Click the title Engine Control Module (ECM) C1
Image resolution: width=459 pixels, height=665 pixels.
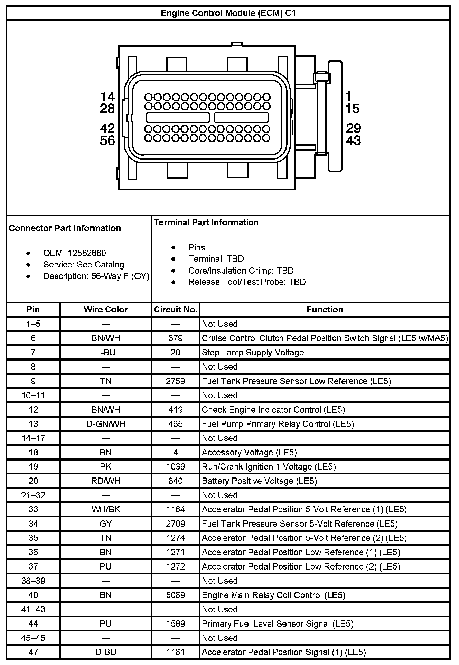[228, 13]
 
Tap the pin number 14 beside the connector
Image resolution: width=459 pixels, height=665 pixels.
[107, 97]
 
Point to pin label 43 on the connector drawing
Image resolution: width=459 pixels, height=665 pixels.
[353, 140]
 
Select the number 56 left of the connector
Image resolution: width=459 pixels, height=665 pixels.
[107, 140]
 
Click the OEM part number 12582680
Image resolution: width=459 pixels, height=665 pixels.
[87, 253]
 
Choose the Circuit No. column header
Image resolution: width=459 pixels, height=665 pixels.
[176, 309]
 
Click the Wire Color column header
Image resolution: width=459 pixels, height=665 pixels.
[106, 309]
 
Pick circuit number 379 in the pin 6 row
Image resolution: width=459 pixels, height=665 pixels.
[176, 338]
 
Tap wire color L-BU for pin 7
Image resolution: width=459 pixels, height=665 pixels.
[106, 352]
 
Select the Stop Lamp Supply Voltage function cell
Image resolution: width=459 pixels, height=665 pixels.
[253, 352]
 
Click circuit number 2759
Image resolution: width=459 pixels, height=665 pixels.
[176, 381]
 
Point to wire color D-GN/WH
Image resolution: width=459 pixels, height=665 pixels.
[106, 424]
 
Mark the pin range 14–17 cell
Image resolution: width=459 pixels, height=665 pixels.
[33, 438]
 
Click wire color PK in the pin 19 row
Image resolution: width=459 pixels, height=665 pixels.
[106, 466]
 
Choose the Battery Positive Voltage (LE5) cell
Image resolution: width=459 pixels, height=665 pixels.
[259, 481]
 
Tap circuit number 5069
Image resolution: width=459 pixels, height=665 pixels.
[176, 595]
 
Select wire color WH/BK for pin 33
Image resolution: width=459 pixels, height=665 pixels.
[106, 509]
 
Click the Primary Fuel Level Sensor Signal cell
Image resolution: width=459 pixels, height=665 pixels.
[278, 623]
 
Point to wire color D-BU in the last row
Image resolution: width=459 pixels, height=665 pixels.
[106, 652]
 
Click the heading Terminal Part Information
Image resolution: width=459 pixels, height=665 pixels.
[206, 222]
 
